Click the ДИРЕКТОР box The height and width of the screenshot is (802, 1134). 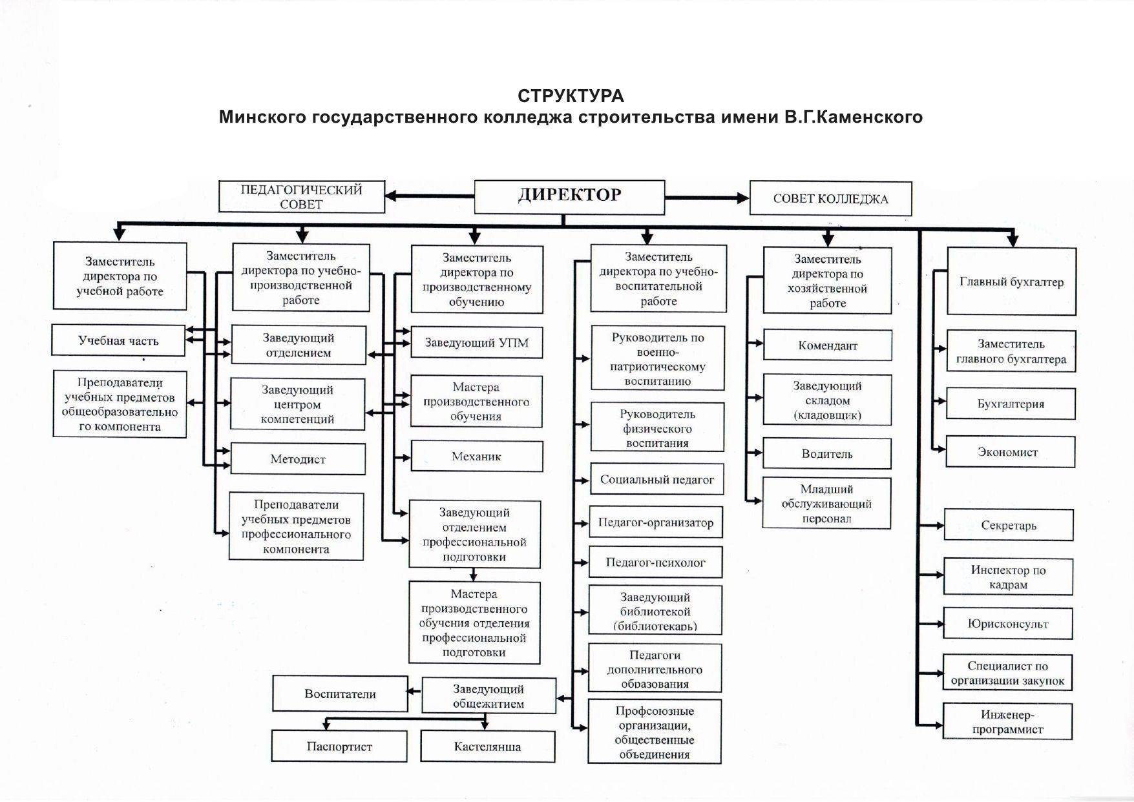569,196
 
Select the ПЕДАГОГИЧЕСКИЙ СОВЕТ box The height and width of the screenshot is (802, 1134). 302,197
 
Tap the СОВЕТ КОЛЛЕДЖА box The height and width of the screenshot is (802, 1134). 830,199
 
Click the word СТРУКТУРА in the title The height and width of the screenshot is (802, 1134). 571,96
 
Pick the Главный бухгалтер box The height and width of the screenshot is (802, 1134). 1011,282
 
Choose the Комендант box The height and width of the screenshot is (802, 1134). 827,345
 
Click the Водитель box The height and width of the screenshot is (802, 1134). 826,453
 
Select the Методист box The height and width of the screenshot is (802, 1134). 298,459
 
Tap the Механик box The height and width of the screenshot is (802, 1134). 476,457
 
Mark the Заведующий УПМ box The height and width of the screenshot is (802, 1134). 476,343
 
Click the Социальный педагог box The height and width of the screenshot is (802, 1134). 656,480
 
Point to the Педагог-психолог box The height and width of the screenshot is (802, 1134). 655,562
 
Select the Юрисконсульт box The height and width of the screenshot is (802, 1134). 1007,624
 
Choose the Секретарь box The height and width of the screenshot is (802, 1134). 1008,525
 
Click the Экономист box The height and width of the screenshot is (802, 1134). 1010,452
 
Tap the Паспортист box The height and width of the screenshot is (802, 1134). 339,746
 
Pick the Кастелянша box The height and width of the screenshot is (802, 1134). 487,746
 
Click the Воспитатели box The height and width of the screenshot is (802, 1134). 340,694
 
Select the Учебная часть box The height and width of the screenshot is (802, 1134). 118,340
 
